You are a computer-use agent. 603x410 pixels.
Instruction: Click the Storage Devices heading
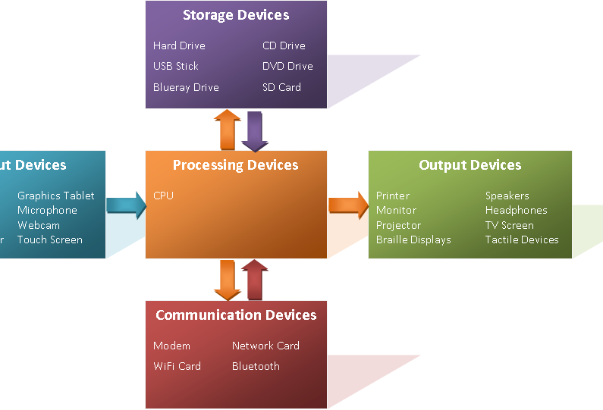point(236,15)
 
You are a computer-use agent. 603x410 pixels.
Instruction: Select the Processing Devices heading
point(236,165)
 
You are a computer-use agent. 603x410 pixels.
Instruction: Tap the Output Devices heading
point(470,165)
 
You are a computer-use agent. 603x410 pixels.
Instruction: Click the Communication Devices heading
point(236,315)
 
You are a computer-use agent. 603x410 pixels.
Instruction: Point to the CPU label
point(163,196)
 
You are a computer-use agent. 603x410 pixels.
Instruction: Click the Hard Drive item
point(179,45)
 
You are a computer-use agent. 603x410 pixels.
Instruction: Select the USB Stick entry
point(176,66)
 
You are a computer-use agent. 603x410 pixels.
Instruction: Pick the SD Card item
point(281,87)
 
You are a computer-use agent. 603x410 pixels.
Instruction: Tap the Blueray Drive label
point(186,87)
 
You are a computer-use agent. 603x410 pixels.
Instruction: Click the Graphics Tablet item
point(56,196)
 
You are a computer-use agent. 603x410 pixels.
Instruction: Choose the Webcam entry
point(39,225)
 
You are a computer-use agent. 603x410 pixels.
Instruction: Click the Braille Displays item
point(413,239)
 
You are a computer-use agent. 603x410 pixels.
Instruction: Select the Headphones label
point(516,210)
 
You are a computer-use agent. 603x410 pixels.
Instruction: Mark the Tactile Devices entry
point(522,239)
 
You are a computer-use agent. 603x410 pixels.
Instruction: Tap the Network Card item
point(265,346)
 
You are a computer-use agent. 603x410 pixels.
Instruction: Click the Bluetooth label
point(256,366)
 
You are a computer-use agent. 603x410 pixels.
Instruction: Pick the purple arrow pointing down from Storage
point(255,131)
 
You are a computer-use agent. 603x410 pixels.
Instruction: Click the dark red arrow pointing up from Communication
point(255,280)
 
